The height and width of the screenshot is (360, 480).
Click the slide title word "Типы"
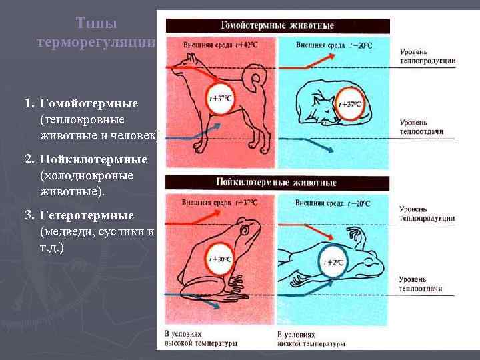point(97,23)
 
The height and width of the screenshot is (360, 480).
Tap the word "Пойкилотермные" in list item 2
point(93,161)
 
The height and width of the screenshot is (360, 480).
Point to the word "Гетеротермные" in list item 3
point(87,216)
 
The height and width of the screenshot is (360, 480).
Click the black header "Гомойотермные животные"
point(277,26)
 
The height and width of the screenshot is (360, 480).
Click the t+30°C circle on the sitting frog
point(219,259)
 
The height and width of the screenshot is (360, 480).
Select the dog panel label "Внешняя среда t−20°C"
point(333,45)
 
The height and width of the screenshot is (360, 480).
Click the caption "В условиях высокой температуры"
point(201,338)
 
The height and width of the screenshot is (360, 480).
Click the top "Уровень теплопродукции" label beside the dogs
point(427,56)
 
